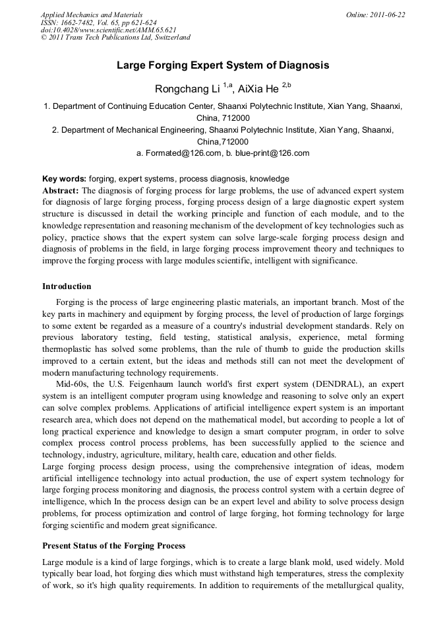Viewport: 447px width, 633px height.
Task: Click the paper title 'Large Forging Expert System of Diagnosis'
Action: click(x=223, y=65)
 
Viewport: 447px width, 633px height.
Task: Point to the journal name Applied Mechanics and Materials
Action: click(x=92, y=15)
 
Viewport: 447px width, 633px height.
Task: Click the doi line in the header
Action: click(x=109, y=30)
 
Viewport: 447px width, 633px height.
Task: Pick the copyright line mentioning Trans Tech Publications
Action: click(x=115, y=37)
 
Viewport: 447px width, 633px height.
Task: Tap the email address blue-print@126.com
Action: click(x=272, y=153)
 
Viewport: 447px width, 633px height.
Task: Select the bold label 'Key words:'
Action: click(x=64, y=179)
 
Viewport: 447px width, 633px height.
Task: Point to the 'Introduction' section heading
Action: click(x=67, y=286)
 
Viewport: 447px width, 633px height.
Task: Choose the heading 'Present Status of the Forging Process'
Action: click(x=114, y=546)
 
